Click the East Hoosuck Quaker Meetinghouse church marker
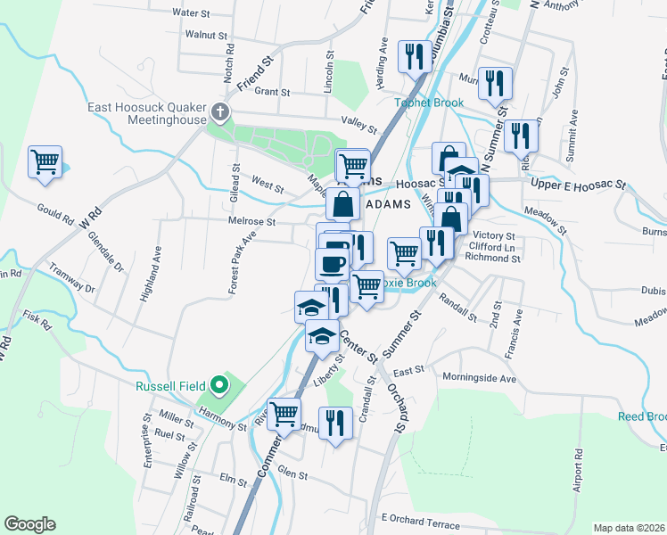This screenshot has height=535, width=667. pos(220,113)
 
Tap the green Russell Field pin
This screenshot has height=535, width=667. pos(220,386)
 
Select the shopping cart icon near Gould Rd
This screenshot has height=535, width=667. pos(45,162)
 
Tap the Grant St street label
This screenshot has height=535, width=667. pos(272,92)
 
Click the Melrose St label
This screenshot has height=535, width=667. pos(256,221)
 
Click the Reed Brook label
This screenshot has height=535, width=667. pos(642,417)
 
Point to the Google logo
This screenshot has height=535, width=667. pos(29,524)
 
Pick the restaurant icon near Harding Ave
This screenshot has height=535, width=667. pos(413,57)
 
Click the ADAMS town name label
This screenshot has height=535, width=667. pos(388,203)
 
